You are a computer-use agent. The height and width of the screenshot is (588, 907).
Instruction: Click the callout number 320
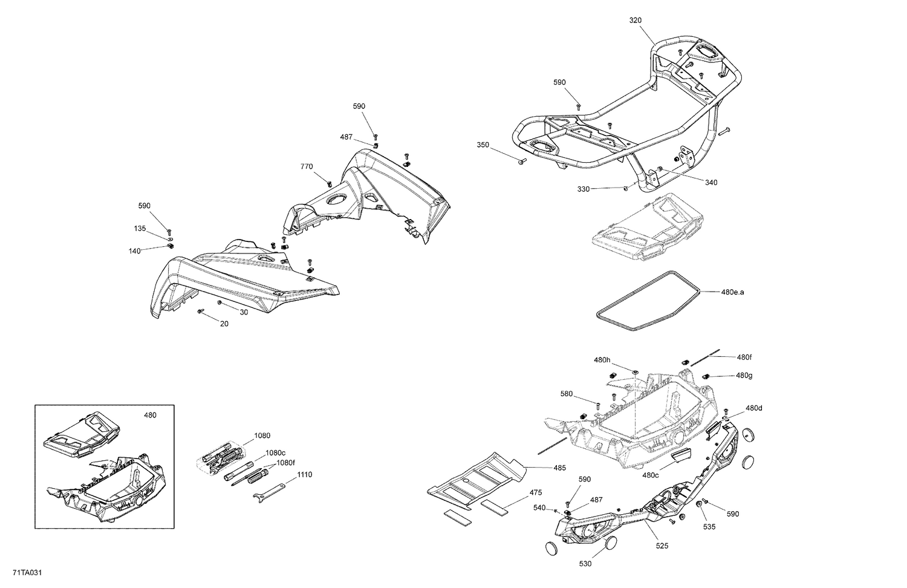[x=636, y=20]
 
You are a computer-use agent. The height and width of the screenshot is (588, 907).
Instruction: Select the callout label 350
[x=483, y=145]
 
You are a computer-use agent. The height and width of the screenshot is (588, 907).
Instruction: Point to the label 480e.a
[x=733, y=292]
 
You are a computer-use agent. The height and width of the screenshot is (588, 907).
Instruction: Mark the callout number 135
[x=140, y=228]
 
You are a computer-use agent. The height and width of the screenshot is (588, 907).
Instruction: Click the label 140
[x=134, y=250]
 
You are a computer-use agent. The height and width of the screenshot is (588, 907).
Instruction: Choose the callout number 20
[x=224, y=324]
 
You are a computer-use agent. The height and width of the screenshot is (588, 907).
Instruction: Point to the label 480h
[x=602, y=360]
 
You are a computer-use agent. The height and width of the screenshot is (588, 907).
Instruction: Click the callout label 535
[x=709, y=526]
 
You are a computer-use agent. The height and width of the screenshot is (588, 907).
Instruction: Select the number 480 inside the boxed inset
[x=149, y=415]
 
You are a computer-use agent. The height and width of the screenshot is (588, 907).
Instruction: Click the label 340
[x=711, y=182]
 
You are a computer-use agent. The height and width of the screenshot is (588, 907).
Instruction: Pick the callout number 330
[x=584, y=189]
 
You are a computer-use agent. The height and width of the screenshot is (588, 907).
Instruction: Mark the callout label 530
[x=585, y=563]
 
